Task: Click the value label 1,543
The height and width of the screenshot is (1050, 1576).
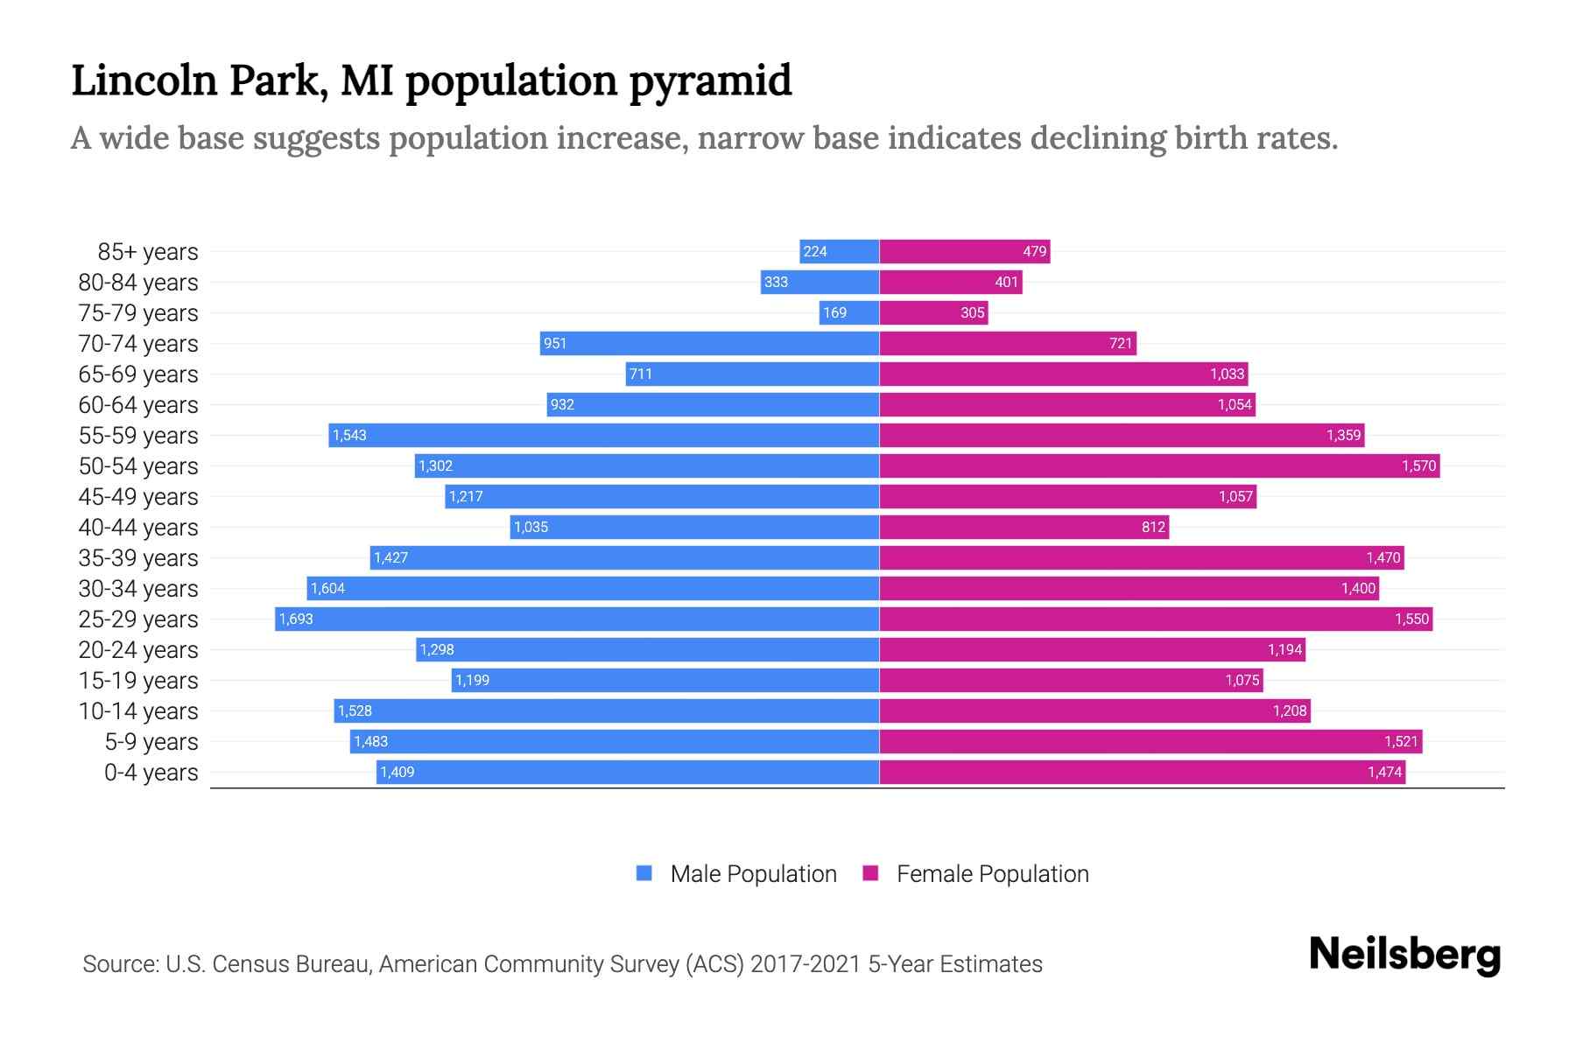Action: [349, 436]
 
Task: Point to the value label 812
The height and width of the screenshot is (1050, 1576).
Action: [1153, 528]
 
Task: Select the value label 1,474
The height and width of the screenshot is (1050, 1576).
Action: [1384, 773]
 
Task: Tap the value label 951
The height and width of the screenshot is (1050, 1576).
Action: [555, 344]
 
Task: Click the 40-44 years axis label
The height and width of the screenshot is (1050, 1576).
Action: [138, 528]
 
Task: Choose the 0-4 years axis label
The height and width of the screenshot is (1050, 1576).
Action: [151, 773]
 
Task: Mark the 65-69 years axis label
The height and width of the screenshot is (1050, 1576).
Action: [138, 374]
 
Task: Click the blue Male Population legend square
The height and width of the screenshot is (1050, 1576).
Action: [644, 873]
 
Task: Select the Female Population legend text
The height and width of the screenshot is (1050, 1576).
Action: [992, 874]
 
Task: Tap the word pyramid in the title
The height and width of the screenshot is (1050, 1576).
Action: [710, 81]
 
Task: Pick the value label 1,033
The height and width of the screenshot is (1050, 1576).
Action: [1227, 374]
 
